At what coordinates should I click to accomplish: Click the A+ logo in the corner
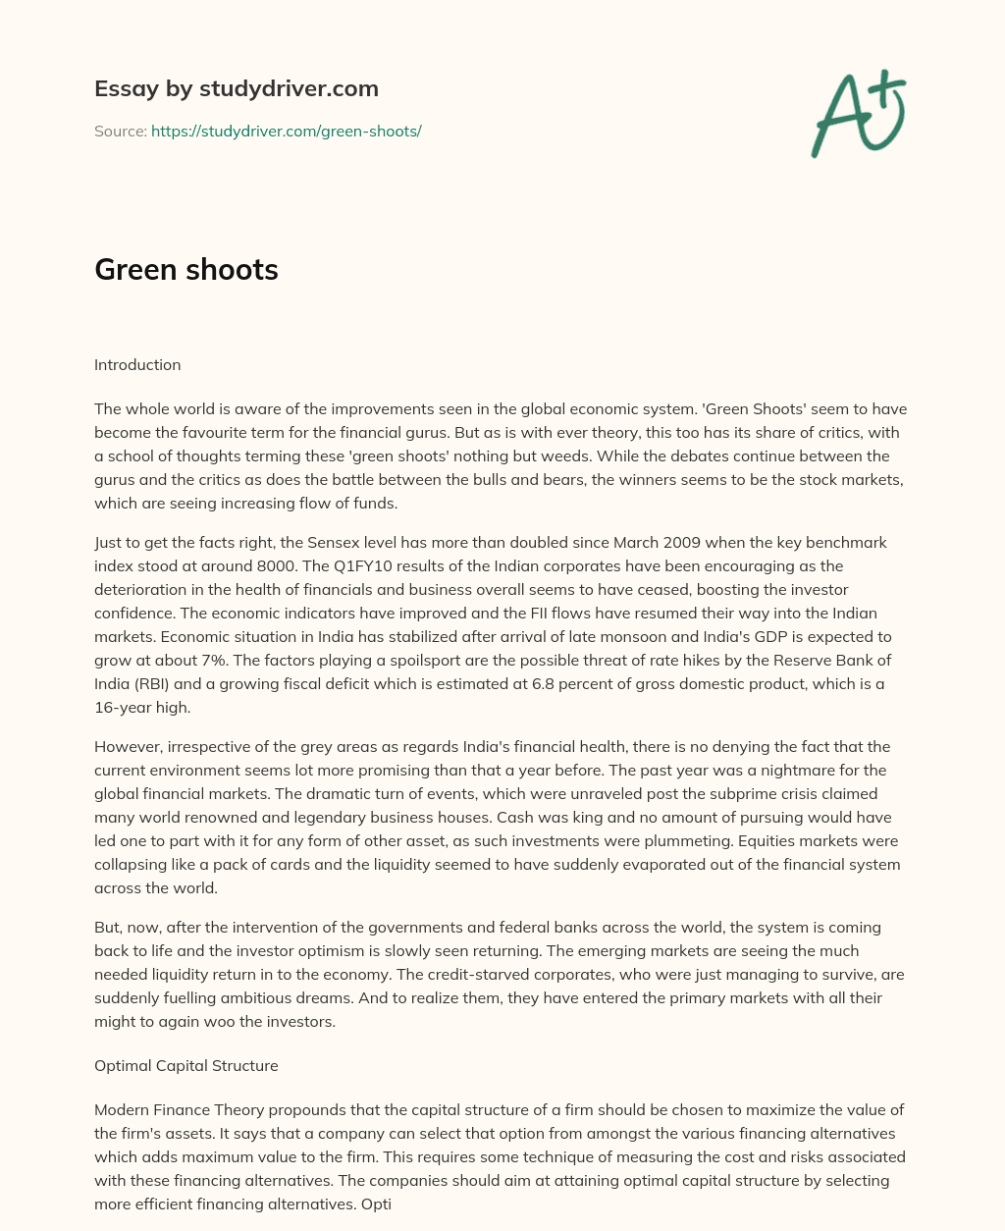click(x=858, y=113)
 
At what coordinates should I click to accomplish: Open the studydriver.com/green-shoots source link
click(x=286, y=131)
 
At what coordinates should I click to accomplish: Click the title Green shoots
click(x=186, y=270)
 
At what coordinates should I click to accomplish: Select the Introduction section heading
click(x=137, y=365)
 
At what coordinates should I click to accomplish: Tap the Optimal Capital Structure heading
click(x=186, y=1066)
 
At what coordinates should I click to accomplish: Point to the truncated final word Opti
click(x=377, y=1204)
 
